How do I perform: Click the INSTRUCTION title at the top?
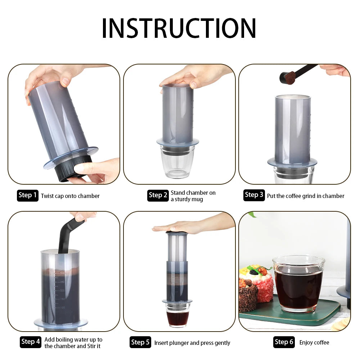179,28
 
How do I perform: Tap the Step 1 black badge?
27,195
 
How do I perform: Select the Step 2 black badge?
158,195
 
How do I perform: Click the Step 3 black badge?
254,195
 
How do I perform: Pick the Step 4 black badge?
31,342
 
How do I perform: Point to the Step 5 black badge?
140,342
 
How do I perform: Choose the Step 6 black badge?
284,342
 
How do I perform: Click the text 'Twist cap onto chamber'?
70,196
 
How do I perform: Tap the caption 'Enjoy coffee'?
314,342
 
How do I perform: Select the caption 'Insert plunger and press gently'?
192,343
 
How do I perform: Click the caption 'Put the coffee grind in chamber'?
305,196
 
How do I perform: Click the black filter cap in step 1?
74,167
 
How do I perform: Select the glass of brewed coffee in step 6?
298,284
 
